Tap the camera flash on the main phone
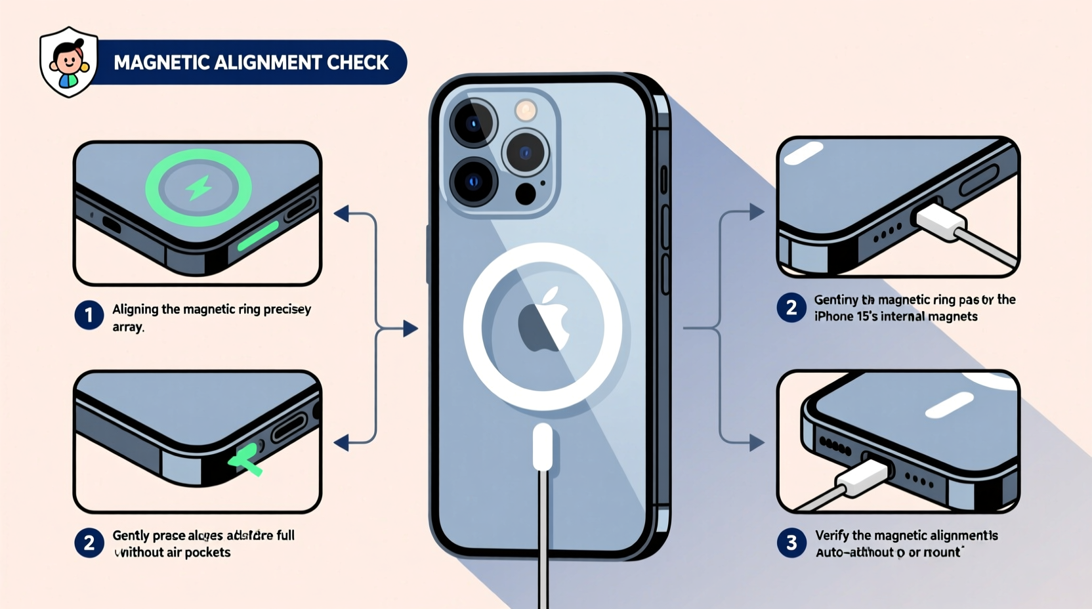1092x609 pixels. pos(526,110)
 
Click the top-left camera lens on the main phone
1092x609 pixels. pos(473,123)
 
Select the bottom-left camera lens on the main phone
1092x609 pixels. pos(473,182)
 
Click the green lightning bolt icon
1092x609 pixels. pos(198,188)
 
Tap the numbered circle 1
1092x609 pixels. pos(89,315)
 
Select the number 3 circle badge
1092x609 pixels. pos(791,543)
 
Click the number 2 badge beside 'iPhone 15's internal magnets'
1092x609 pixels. pos(791,308)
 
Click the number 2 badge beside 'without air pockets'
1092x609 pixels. pos(89,543)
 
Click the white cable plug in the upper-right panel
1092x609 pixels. pos(940,221)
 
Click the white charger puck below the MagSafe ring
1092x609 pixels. pos(543,446)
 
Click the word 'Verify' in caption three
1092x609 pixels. pos(831,535)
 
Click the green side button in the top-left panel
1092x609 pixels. pos(258,236)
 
